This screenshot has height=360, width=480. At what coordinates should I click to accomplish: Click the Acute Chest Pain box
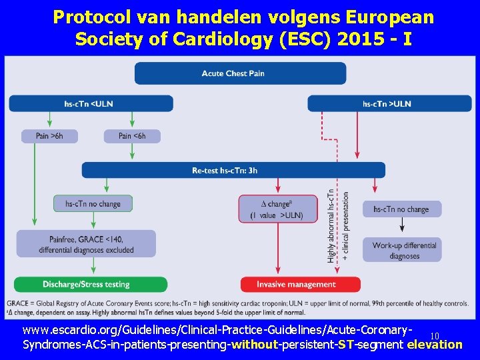[x=240, y=73]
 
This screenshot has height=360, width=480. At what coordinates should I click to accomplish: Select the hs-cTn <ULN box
[x=91, y=103]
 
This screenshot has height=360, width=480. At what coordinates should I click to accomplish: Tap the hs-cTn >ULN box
[x=389, y=103]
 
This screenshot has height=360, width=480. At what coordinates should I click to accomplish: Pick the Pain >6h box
[x=49, y=136]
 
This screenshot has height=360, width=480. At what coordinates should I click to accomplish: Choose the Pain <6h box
[x=132, y=136]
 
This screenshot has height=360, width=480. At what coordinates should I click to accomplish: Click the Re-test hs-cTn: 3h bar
[x=233, y=170]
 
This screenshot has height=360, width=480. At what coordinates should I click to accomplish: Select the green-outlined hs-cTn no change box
[x=93, y=203]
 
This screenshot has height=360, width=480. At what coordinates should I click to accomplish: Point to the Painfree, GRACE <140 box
[x=86, y=244]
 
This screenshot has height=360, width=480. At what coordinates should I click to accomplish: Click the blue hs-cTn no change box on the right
[x=401, y=209]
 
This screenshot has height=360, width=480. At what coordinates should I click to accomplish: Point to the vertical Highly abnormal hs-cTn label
[x=331, y=227]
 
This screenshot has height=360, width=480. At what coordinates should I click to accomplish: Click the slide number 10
[x=435, y=336]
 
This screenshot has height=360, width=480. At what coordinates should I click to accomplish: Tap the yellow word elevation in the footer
[x=434, y=345]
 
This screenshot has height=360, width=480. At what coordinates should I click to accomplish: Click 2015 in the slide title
[x=351, y=39]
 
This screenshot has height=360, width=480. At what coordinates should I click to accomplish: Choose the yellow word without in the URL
[x=254, y=345]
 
